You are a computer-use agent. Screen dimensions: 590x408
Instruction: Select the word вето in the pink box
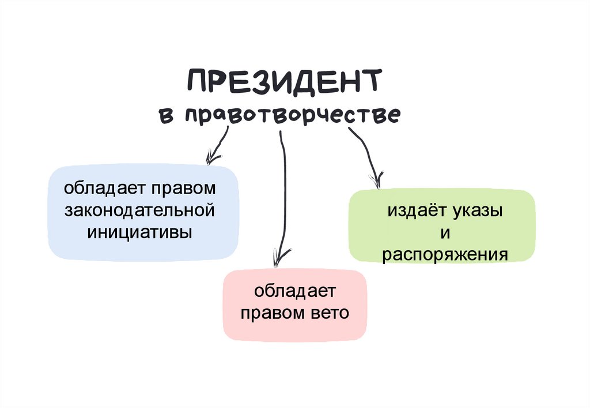(331, 313)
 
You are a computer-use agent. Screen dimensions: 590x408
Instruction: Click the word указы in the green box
(476, 211)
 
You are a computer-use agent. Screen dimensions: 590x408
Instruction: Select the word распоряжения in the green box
(444, 254)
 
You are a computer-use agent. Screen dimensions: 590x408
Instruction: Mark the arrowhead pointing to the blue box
(213, 157)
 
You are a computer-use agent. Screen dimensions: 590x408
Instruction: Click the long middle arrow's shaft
(283, 190)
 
